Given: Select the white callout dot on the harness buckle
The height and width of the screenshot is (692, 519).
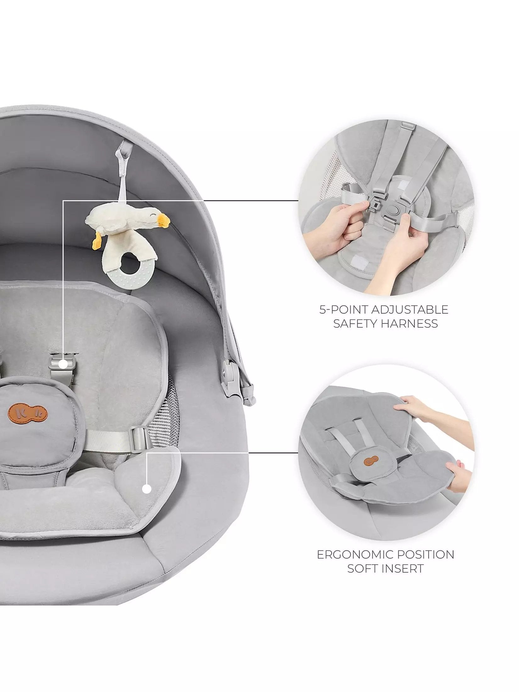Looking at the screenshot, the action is pyautogui.click(x=63, y=364).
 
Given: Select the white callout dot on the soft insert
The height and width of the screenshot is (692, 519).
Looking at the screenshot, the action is pyautogui.click(x=146, y=498).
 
